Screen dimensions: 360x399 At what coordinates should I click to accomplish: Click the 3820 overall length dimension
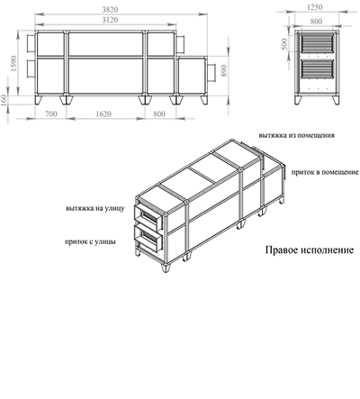tap(110, 10)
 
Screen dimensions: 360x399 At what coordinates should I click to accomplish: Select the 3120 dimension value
tap(110, 20)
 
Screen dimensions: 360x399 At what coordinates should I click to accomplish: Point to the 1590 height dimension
tap(13, 63)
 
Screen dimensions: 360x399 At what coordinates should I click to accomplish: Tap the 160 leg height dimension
tap(4, 100)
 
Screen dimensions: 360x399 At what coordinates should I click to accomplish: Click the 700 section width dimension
tap(51, 114)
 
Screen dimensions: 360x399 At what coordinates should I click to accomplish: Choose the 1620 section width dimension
tap(103, 114)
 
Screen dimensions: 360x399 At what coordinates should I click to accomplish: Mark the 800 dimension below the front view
tap(159, 114)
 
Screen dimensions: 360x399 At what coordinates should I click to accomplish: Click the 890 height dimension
tap(224, 71)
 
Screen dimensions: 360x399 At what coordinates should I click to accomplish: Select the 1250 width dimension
tap(315, 7)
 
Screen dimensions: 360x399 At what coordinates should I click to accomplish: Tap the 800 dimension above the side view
tap(316, 22)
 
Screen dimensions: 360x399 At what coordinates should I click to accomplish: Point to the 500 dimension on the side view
tap(284, 44)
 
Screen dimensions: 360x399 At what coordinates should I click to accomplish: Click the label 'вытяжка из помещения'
tap(297, 135)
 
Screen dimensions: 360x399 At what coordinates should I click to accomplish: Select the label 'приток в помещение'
tap(325, 172)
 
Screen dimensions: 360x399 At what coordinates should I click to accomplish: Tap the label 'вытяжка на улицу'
tap(95, 208)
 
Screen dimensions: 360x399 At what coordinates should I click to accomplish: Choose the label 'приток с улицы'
tap(90, 241)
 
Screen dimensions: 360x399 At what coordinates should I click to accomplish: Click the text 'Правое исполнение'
tap(310, 250)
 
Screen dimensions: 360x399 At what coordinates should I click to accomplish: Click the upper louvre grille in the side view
tap(317, 43)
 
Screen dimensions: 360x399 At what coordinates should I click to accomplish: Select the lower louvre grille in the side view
tap(317, 69)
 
